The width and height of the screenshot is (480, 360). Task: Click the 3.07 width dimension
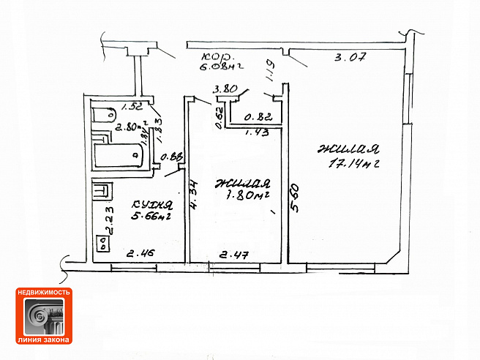click(348, 56)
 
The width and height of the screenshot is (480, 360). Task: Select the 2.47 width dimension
click(235, 255)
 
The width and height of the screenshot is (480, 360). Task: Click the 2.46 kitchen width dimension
click(140, 255)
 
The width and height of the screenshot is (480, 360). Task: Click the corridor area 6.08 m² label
click(221, 70)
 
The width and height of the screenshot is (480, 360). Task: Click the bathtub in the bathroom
click(119, 155)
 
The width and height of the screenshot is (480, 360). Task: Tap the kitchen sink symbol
click(102, 192)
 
